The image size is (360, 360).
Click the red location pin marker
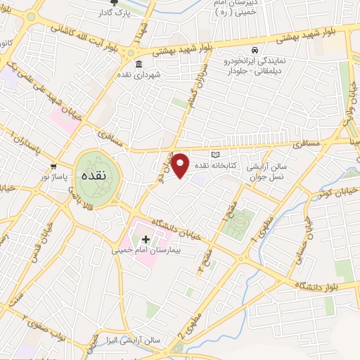click(181, 165)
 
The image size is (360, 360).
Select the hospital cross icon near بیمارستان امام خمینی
click(146, 239)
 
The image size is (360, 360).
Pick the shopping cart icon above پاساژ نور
click(54, 167)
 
